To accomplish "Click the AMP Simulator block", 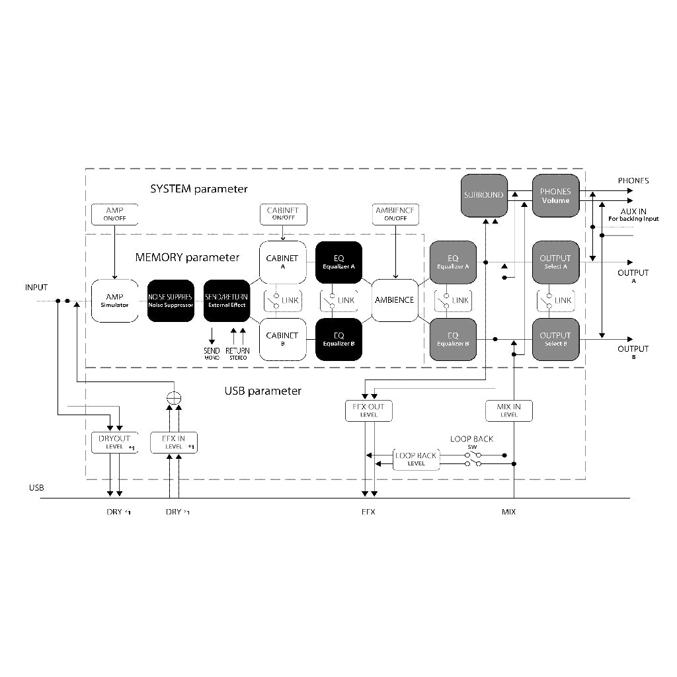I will (114, 301).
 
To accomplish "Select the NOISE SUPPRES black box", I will (170, 301).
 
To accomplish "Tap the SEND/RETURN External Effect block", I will (227, 301).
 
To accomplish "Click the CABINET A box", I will (282, 262).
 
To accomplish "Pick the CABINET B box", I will (282, 339).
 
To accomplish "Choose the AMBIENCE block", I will (395, 300).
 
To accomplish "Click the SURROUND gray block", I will (484, 196).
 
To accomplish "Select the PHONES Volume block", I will (555, 196).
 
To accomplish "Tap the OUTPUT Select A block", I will (555, 262).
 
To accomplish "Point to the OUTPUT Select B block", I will (555, 339).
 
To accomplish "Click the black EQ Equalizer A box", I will (338, 262).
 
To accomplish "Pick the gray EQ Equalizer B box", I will (453, 339).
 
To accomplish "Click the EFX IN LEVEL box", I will (173, 442).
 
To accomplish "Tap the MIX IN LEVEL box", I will (509, 411).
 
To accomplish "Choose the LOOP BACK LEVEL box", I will (416, 459).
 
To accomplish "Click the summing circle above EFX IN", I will (174, 399).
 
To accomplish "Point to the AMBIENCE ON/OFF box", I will (395, 214).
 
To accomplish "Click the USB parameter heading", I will (263, 391).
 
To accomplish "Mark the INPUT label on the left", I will (36, 288).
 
